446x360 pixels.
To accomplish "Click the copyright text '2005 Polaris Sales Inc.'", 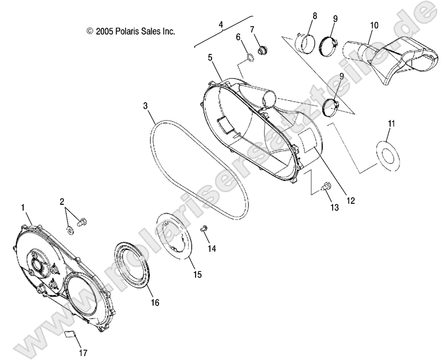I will click(x=130, y=31).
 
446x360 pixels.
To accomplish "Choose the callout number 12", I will click(x=351, y=200).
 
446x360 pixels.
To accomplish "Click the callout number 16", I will click(x=154, y=303).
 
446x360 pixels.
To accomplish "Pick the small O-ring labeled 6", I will click(x=249, y=58).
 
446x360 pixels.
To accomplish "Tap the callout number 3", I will click(x=145, y=106).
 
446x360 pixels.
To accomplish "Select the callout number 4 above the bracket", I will click(x=221, y=23).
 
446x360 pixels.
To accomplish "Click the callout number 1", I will click(x=23, y=208).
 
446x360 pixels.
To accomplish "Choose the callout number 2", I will click(x=62, y=201).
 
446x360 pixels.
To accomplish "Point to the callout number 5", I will click(x=210, y=57).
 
